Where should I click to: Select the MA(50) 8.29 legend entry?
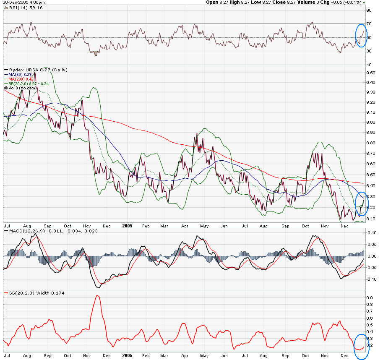point(18,74)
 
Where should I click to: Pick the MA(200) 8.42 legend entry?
point(20,79)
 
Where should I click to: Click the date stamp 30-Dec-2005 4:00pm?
point(23,3)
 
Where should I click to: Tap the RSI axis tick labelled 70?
point(369,24)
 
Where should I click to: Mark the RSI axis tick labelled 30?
point(369,51)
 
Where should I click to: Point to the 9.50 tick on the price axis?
point(371,73)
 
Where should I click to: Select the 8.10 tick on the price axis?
point(371,219)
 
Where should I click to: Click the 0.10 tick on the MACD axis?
point(371,232)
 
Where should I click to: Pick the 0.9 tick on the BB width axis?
point(370,297)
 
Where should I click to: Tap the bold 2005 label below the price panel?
point(128,225)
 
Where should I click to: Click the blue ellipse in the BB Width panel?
point(361,346)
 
